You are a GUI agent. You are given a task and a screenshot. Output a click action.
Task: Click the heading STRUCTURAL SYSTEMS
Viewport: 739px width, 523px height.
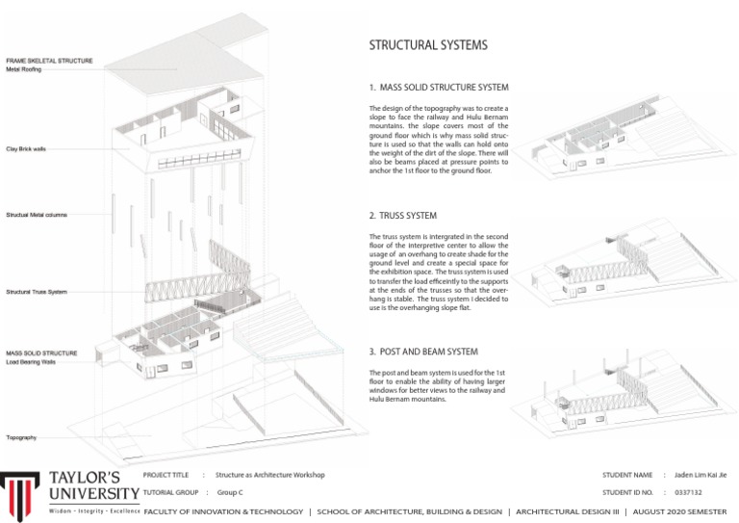tap(428, 45)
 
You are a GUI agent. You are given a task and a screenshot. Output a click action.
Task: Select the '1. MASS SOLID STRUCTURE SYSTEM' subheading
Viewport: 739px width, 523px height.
tap(439, 88)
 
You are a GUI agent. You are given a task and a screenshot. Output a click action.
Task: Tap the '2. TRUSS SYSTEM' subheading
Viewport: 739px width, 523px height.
tap(403, 216)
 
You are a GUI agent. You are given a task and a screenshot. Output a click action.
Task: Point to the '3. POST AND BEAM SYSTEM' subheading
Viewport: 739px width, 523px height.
tap(423, 353)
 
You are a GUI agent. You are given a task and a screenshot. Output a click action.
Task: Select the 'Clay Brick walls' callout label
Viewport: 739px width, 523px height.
tap(26, 149)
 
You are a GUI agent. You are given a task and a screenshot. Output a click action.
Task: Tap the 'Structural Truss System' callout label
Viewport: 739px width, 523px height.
tap(37, 292)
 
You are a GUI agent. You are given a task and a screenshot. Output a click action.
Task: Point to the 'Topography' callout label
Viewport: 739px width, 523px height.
tap(21, 437)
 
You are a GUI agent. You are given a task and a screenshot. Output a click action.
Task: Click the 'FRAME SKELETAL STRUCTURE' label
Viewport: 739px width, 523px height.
tap(49, 61)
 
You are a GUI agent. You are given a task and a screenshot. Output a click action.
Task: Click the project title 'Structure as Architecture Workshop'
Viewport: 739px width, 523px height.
tap(270, 475)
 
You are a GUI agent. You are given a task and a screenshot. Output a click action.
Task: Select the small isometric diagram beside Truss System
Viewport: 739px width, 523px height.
tap(620, 270)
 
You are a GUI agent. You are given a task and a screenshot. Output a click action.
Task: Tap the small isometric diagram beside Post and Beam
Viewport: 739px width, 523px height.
tap(620, 390)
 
